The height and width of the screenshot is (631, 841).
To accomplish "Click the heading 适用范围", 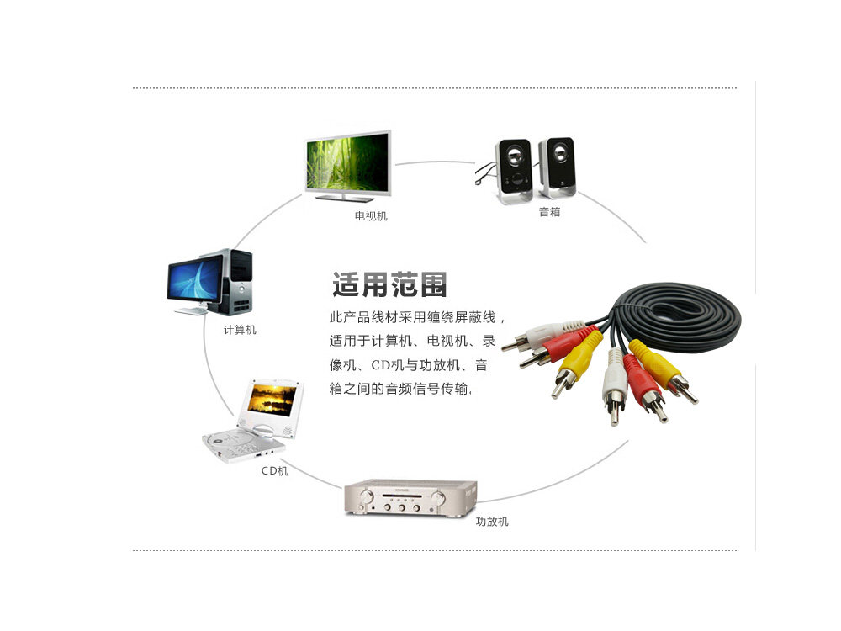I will coord(389,285).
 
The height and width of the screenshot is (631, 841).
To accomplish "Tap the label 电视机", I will coord(371,216).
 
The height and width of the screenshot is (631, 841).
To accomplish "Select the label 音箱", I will coord(549,212).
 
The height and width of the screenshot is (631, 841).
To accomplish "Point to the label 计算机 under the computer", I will coord(240,330).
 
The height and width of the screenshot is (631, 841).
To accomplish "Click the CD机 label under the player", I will coord(274,471).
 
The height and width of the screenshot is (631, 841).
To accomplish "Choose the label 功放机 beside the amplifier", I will coord(492,522).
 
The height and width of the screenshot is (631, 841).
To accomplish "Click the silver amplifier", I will coord(410,497).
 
